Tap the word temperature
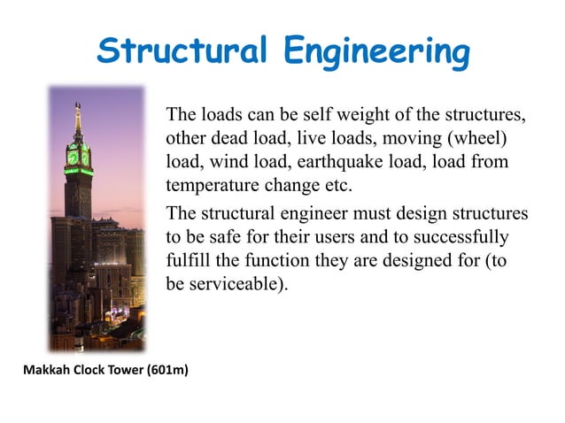211,186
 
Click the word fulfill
186,261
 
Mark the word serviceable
237,285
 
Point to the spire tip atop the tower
78,104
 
